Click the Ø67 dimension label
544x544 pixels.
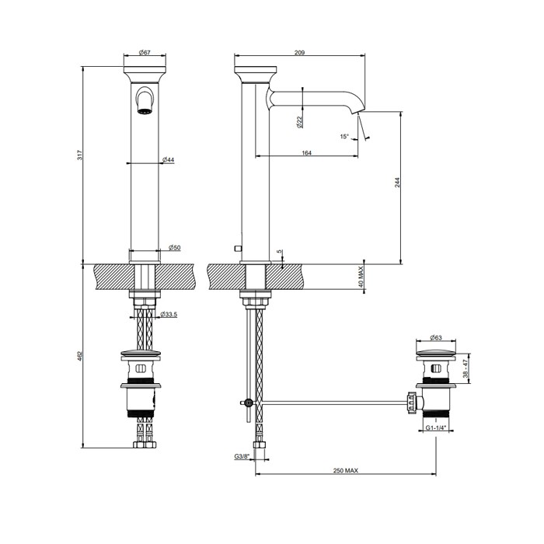(x=145, y=52)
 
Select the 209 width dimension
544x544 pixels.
(x=299, y=52)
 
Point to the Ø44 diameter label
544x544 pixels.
(x=167, y=159)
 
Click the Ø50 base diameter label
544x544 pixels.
(x=175, y=247)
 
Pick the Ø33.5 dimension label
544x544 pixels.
(x=170, y=315)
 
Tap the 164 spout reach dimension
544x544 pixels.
(x=306, y=154)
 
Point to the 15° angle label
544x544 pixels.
(x=344, y=137)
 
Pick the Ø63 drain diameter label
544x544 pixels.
(x=435, y=340)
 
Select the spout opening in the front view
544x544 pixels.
(x=144, y=110)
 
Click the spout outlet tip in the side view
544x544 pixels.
(x=361, y=113)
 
